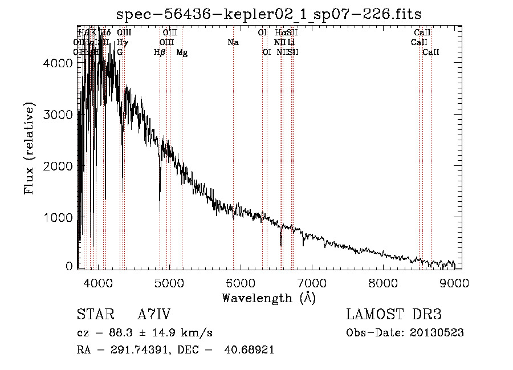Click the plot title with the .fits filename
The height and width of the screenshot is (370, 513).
click(x=268, y=14)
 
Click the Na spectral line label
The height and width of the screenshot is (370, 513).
click(x=233, y=43)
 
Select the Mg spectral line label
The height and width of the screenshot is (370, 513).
click(x=182, y=52)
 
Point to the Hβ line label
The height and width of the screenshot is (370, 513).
click(x=160, y=52)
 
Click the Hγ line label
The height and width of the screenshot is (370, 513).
click(x=122, y=43)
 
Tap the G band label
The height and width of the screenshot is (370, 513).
click(x=120, y=52)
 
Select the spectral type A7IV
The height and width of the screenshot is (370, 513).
click(x=154, y=315)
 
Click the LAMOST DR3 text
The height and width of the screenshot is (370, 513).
click(x=394, y=315)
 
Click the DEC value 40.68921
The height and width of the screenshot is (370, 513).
click(x=251, y=350)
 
